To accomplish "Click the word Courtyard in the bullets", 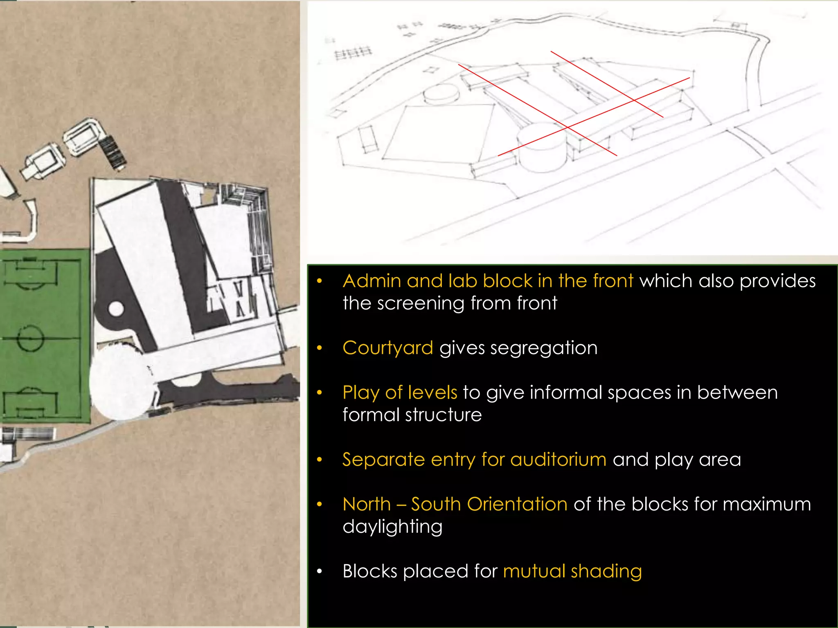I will tap(387, 348).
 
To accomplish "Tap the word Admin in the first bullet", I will tap(372, 281).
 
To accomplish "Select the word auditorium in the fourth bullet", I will tap(558, 460).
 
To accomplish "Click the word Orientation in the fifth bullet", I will tap(517, 504).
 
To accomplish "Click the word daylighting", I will tap(392, 527).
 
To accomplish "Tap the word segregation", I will tap(543, 348).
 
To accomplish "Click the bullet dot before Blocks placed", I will tap(320, 571).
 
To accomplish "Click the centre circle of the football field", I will tap(31, 338).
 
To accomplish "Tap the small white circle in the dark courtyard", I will tap(116, 309).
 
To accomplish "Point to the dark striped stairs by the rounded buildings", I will tap(112, 152).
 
